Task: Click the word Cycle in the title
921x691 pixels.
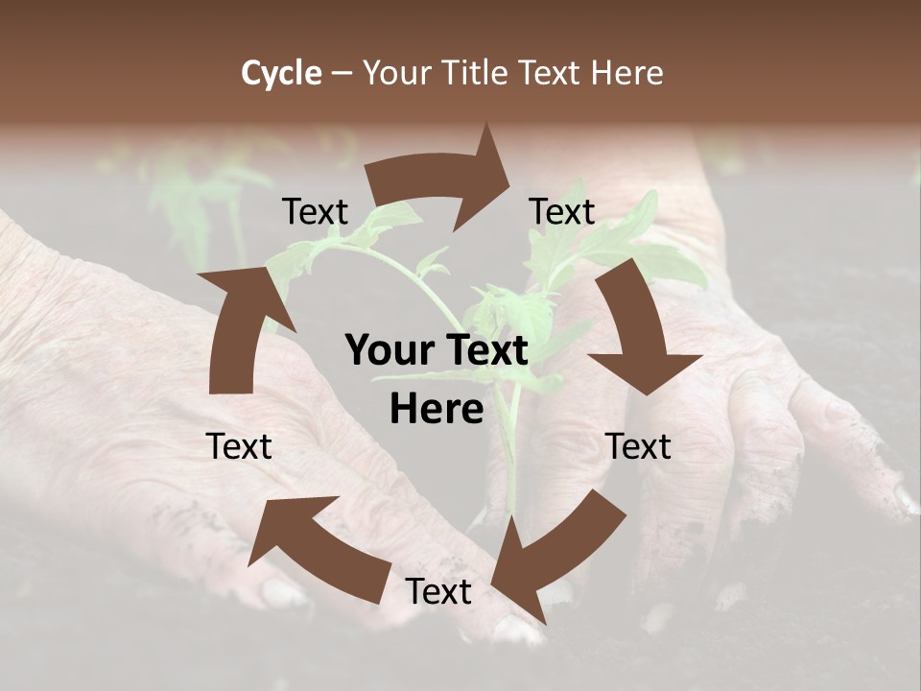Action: pos(281,73)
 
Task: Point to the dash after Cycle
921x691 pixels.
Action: pos(342,74)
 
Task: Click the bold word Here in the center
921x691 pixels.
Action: pos(437,410)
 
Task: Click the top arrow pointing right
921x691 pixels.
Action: pos(441,178)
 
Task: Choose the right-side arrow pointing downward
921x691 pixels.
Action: pos(638,331)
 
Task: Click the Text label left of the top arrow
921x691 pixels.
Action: pos(315,212)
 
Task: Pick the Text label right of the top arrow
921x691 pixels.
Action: pos(562,212)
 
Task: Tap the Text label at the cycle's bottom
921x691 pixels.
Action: pos(438,592)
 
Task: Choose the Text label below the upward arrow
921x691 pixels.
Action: pos(239,446)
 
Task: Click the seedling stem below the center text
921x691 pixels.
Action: pos(510,470)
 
